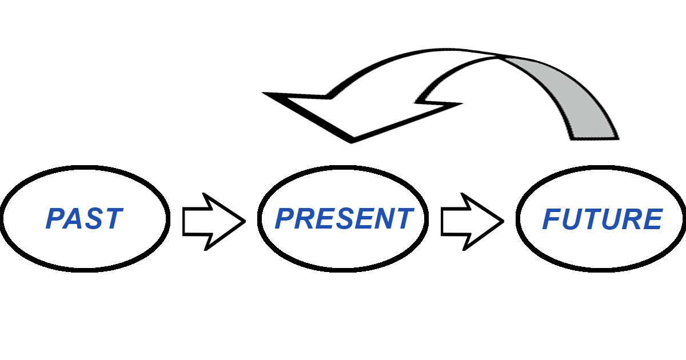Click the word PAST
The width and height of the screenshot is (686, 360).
pyautogui.click(x=84, y=218)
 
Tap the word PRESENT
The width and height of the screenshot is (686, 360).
pyautogui.click(x=344, y=218)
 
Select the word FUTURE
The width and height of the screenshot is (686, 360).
pyautogui.click(x=602, y=219)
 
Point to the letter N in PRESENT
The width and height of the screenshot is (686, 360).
pyautogui.click(x=382, y=218)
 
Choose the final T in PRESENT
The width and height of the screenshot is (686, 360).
pyautogui.click(x=404, y=218)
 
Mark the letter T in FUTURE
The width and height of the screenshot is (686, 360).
pyautogui.click(x=592, y=219)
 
